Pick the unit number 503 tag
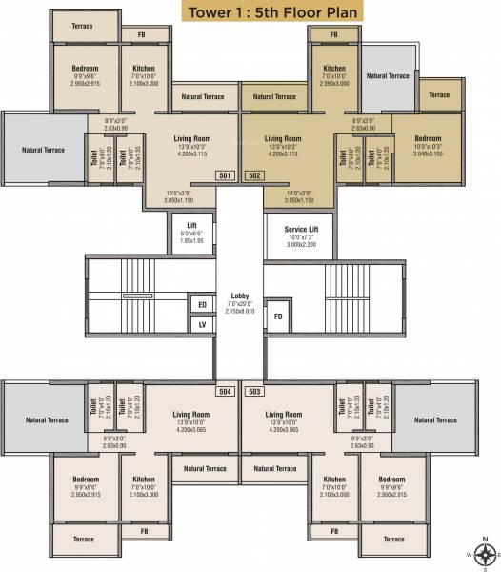[254, 391]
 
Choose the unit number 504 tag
[226, 391]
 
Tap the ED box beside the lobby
[202, 305]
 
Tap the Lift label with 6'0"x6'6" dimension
[191, 225]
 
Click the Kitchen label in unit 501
[144, 69]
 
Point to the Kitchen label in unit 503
[333, 480]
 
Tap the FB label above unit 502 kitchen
[333, 34]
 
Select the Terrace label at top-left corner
[82, 26]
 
